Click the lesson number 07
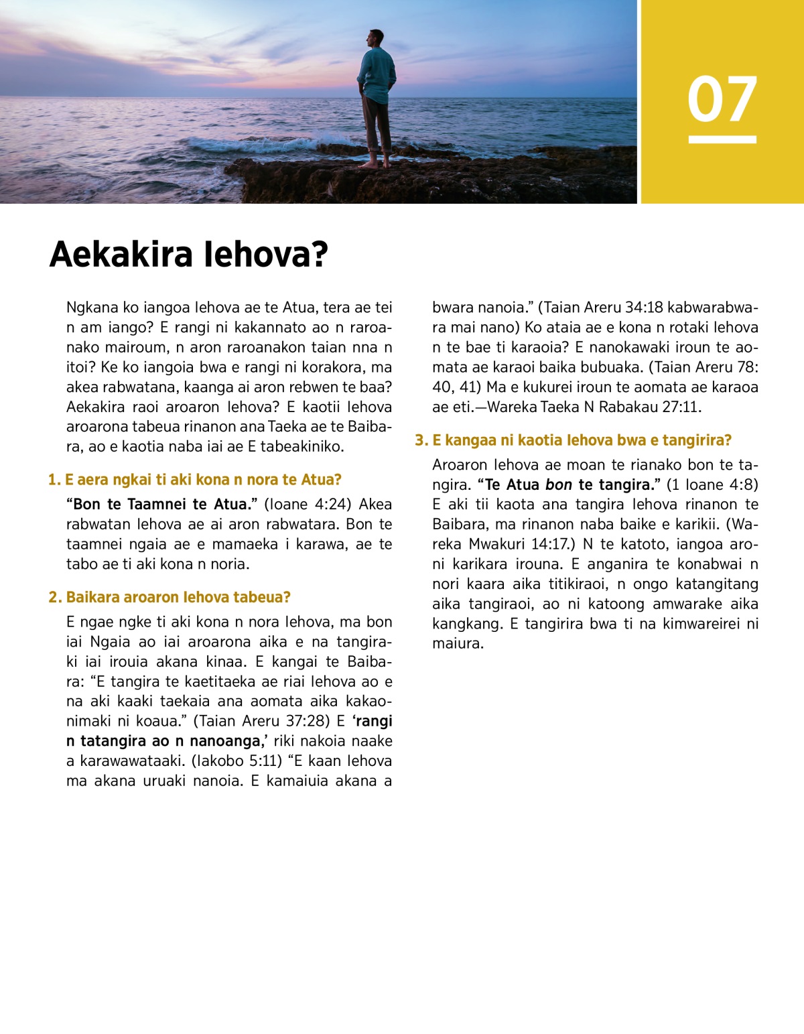[722, 99]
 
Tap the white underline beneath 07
[722, 139]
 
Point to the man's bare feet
[377, 163]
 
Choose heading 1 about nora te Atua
[195, 480]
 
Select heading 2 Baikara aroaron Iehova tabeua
[170, 597]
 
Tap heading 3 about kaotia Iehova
[574, 440]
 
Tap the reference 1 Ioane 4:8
[712, 484]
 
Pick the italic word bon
[558, 485]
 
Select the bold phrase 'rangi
[373, 721]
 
